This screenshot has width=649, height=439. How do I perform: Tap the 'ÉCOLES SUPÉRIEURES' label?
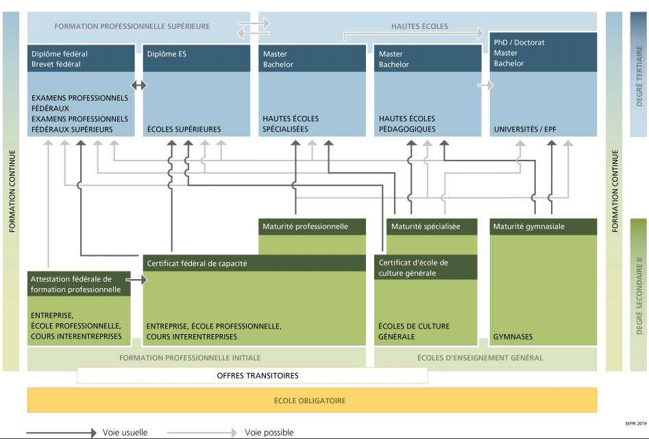pos(184,129)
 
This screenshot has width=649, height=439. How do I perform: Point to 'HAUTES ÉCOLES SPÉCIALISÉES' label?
pos(291,123)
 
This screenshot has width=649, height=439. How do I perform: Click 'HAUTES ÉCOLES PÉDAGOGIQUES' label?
pos(406,123)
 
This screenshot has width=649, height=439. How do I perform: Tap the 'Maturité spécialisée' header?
pos(425,226)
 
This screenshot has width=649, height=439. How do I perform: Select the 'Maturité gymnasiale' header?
pos(529,226)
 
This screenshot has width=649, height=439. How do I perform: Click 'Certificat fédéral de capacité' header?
pos(197,263)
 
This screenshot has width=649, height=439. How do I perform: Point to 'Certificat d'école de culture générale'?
pos(415,268)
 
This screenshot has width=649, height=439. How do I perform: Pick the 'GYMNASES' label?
pos(513,337)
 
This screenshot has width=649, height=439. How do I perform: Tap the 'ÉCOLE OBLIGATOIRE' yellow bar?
pos(312,400)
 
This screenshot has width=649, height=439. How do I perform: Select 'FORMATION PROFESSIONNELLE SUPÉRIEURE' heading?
pos(133,26)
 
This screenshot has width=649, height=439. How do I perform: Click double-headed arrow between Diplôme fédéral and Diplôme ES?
pos(139,86)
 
